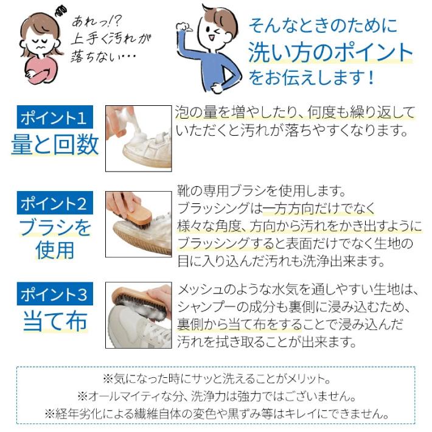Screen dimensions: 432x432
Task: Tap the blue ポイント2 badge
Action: [55, 203]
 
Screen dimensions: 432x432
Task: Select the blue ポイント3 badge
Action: [55, 294]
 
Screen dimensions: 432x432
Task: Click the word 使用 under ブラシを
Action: [55, 249]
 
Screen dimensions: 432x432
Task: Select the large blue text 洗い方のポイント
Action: [330, 53]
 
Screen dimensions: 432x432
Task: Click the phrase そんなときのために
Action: [322, 25]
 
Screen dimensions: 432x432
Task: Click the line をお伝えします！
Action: [310, 78]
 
